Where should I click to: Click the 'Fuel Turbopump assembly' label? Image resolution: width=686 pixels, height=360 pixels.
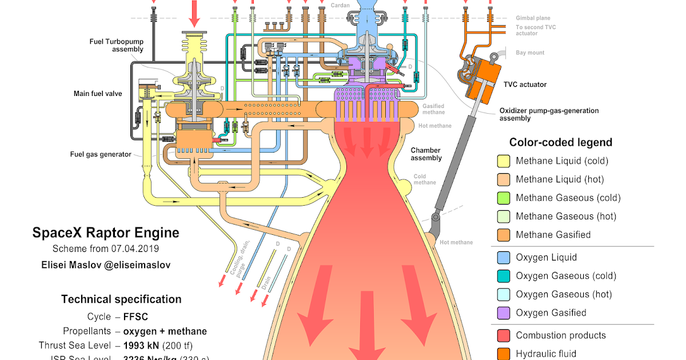[x=116, y=45]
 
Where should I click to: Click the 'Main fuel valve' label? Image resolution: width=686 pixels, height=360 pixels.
[x=97, y=93]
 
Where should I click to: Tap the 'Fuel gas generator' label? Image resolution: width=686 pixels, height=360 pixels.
[x=100, y=154]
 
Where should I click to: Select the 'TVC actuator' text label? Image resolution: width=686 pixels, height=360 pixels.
[x=525, y=85]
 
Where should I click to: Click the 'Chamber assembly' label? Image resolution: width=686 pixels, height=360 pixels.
[x=426, y=154]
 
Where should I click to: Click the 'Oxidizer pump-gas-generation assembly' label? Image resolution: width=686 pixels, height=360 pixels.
[x=548, y=114]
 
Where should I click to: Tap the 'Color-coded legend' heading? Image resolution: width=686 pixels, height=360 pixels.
[x=560, y=142]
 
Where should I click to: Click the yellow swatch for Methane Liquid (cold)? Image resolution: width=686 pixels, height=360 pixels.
[x=504, y=161]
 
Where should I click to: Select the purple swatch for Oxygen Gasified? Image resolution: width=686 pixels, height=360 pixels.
[x=504, y=313]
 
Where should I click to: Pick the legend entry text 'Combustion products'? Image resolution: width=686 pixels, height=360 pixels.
[x=560, y=335]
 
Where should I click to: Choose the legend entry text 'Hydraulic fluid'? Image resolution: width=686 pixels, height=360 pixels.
[x=546, y=354]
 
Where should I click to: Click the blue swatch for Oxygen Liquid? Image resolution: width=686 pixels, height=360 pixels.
[x=504, y=258]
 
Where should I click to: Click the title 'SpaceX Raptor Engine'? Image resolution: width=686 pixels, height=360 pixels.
[x=106, y=233]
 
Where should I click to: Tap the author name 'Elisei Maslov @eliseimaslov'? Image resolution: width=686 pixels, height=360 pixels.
[x=106, y=265]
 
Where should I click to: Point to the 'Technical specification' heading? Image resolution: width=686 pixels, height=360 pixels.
[x=121, y=299]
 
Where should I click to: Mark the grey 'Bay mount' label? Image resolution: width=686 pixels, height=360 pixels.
[x=530, y=53]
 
